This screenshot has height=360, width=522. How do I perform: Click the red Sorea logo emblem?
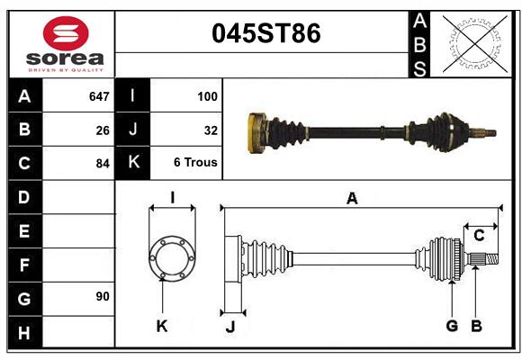coord(66,35)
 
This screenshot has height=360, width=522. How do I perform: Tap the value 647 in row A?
coord(98,95)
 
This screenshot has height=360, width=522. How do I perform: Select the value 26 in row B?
coord(102,130)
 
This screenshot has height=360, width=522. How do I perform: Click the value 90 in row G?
coord(102,296)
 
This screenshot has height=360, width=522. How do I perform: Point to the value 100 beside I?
coord(206,95)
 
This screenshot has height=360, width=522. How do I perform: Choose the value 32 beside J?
coord(211,130)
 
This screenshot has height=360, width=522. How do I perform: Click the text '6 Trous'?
coord(195,163)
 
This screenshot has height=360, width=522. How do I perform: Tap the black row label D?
coord(24,196)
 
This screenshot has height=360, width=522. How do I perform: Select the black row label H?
coord(24,332)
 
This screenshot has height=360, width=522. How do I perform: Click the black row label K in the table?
coord(133,163)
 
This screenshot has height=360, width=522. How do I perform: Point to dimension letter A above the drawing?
coord(352,199)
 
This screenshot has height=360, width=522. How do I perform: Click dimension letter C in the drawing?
coord(479,235)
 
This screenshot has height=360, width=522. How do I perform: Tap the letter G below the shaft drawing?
coord(452,325)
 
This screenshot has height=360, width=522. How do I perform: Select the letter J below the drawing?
coord(229,326)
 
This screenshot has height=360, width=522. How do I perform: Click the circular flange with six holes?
coord(171,258)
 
